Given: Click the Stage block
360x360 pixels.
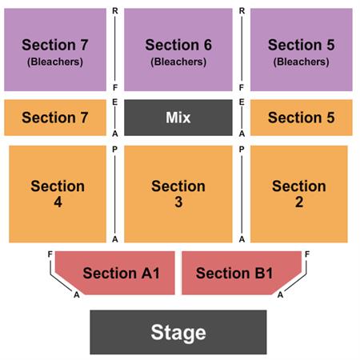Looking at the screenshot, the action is coord(178,332).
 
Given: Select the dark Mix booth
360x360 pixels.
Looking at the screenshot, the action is coord(178,118).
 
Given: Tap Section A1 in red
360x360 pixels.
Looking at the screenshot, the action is coord(115,273).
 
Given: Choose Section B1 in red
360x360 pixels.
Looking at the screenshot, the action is coord(242,273).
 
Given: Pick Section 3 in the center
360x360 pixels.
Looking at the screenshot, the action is coord(178,194).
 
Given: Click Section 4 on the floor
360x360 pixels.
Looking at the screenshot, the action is coord(58,194).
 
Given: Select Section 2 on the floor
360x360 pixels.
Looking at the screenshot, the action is coord(299,194).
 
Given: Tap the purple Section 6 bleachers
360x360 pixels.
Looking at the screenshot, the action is coord(178,50).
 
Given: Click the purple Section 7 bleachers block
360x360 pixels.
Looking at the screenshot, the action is coord(55,50).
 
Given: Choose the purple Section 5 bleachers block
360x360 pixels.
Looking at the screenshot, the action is coord(302,50).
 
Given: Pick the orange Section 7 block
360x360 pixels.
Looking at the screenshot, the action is coord(55,118).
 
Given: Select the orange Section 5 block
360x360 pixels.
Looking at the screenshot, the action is coord(302,118).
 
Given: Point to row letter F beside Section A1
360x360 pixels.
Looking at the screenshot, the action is coord(50,254).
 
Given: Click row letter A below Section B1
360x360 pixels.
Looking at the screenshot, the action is coord(280,294).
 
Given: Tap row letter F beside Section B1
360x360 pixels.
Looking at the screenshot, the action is coord(307,254).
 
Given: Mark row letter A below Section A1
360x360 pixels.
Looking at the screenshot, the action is coord(77,294).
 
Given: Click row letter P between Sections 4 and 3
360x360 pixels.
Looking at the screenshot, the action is coord(115,150).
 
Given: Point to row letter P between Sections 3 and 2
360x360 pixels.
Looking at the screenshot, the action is coord(242,150).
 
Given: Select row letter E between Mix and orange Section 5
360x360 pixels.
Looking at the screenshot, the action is coord(242,102).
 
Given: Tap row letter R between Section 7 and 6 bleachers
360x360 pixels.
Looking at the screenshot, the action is coord(115,11).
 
